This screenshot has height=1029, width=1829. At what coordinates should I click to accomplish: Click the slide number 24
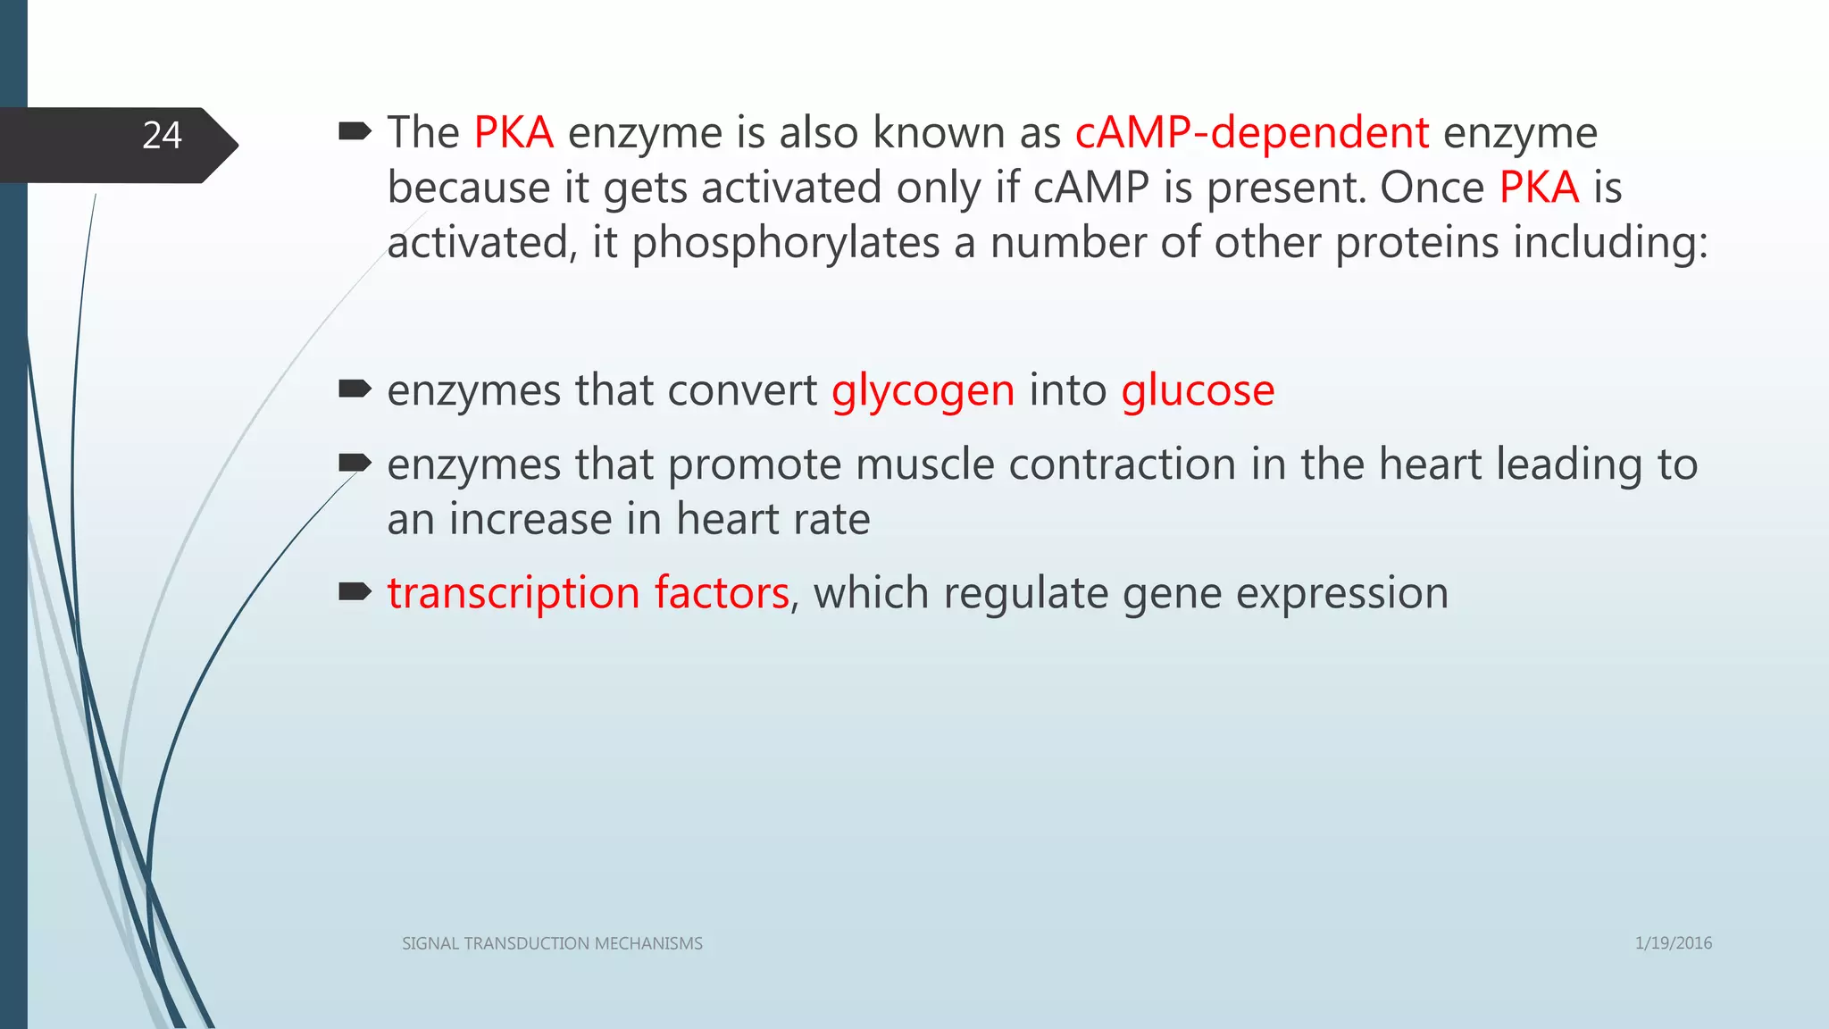162,136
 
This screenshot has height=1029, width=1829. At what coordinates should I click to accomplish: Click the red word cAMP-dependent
1251,133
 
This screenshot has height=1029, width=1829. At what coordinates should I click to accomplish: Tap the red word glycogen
923,391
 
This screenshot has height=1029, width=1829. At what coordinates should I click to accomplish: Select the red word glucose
1198,391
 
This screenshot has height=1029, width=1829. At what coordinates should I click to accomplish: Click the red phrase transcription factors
588,593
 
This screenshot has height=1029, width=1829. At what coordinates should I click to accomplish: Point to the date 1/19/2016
1673,943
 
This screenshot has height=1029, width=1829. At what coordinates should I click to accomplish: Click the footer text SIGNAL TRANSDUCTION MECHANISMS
552,943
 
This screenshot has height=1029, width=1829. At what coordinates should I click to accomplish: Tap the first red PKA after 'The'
514,133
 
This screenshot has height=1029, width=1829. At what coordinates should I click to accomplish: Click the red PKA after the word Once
1539,188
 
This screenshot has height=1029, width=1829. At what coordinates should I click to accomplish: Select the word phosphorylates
786,243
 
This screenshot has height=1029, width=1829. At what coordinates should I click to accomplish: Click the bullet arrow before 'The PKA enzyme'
355,133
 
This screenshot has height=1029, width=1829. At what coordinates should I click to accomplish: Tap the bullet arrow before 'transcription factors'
355,591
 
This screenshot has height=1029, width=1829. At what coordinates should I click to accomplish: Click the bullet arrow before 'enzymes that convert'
355,389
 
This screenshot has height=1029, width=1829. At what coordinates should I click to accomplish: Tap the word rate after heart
832,520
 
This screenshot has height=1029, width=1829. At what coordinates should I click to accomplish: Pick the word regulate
1025,593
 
